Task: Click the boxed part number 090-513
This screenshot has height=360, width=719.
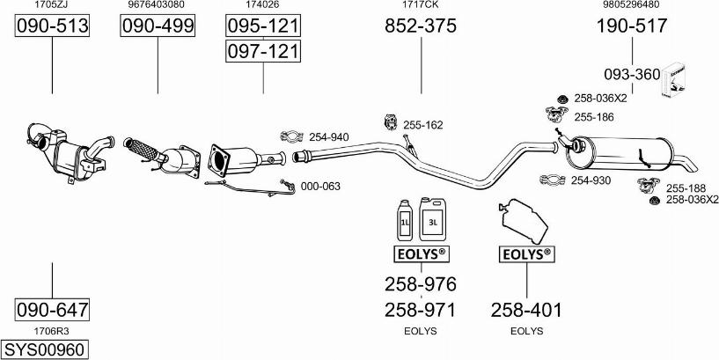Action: (52, 26)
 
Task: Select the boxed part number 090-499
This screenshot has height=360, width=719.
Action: (158, 26)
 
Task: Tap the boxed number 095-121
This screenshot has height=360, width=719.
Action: (263, 26)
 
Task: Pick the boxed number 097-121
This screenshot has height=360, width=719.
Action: (263, 51)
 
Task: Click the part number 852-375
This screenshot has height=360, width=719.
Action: (421, 26)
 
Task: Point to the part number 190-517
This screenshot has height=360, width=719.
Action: (632, 26)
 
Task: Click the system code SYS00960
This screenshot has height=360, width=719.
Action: (44, 350)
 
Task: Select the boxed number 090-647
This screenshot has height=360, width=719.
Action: (52, 310)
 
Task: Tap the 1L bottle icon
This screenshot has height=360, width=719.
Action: (405, 221)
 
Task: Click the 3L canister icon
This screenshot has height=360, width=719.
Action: (432, 219)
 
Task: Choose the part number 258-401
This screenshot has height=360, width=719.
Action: (526, 311)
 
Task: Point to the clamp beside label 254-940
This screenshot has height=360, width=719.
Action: (291, 136)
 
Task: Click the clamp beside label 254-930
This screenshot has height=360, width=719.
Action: (553, 180)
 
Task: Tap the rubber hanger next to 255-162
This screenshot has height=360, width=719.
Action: (390, 122)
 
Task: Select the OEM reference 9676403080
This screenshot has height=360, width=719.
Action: (158, 5)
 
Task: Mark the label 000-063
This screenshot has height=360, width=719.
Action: (320, 187)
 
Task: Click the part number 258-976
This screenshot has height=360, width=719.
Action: (421, 284)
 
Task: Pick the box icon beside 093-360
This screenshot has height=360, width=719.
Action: (673, 79)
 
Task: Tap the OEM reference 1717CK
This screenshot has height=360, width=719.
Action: (421, 5)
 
